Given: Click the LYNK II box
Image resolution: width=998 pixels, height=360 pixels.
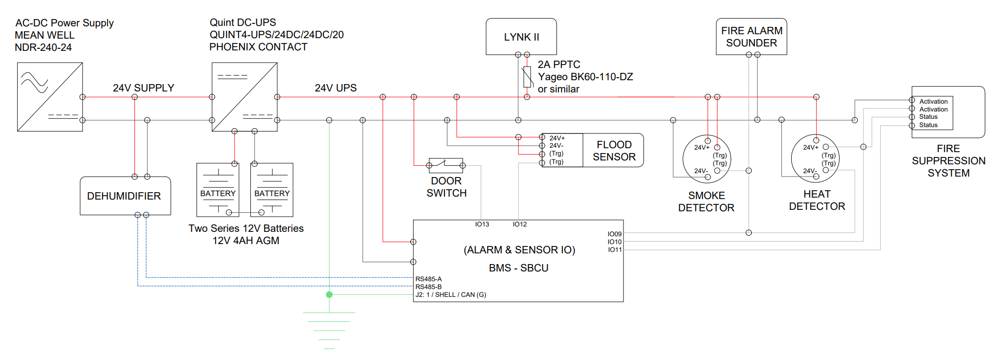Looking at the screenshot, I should click(x=521, y=37).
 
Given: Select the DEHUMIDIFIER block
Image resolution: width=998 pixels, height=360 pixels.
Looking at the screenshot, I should click(x=125, y=196).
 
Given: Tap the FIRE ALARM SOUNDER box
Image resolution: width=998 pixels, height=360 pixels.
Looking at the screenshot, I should click(x=752, y=37).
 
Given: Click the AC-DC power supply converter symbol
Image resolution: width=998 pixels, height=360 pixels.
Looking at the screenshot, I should click(x=50, y=97).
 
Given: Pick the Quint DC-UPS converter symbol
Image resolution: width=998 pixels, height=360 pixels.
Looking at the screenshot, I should click(x=244, y=97).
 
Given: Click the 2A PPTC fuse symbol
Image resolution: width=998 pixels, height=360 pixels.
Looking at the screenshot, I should click(x=527, y=77).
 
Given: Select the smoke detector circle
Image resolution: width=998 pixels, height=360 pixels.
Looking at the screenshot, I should click(x=707, y=159).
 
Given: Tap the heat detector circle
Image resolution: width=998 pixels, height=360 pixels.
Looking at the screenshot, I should click(x=815, y=158).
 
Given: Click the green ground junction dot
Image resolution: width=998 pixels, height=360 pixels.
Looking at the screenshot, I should click(x=330, y=294).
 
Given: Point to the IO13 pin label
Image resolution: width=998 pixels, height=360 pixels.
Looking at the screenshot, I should click(x=482, y=225).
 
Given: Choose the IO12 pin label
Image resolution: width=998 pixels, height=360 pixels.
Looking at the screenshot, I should click(x=520, y=225).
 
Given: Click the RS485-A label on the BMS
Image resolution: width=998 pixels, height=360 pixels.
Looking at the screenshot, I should click(x=429, y=279).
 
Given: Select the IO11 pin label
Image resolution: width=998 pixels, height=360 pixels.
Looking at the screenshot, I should click(x=615, y=250).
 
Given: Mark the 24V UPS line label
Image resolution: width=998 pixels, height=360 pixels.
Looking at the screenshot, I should click(x=335, y=88).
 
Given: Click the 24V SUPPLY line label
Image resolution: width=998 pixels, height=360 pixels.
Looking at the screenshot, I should click(x=143, y=88).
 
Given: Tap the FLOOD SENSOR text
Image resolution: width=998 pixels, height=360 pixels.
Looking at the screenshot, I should click(x=614, y=151).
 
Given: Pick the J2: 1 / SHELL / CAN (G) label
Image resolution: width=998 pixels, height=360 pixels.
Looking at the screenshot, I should click(x=451, y=295).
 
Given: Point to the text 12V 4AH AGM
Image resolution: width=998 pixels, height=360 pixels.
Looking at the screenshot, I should click(x=246, y=241).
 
